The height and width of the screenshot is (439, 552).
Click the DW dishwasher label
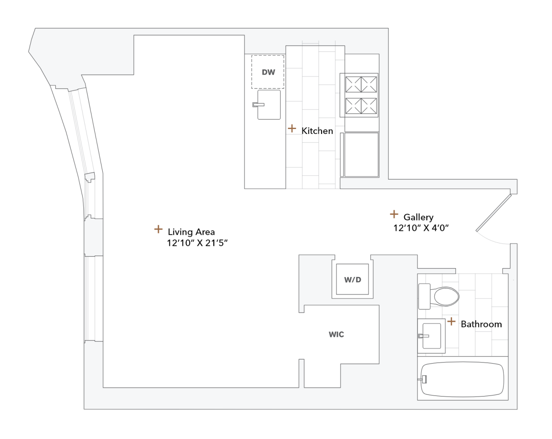(x=268, y=72)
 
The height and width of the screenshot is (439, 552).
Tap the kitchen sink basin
(x=269, y=105)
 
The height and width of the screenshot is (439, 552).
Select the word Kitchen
(x=317, y=131)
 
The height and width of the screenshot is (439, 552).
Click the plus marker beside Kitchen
(x=292, y=129)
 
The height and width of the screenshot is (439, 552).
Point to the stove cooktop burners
(x=361, y=95)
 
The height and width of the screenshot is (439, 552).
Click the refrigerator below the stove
(x=361, y=155)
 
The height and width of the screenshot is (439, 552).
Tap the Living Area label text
(x=191, y=232)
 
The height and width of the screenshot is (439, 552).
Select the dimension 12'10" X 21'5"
(x=197, y=243)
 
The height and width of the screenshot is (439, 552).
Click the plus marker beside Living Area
(x=158, y=229)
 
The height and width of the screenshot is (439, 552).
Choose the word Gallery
(x=418, y=217)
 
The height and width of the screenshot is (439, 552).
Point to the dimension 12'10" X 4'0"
(x=421, y=228)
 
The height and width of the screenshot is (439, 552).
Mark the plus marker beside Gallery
(x=394, y=214)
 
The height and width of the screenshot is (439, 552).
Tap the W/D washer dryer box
(x=353, y=280)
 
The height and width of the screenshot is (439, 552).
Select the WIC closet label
(x=337, y=335)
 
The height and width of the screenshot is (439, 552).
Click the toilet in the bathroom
(x=440, y=296)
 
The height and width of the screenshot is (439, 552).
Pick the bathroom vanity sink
(x=431, y=336)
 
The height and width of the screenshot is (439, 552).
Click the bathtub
(x=462, y=379)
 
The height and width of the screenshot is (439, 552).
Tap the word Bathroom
(x=481, y=324)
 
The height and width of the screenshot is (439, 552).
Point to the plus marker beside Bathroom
(x=452, y=322)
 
